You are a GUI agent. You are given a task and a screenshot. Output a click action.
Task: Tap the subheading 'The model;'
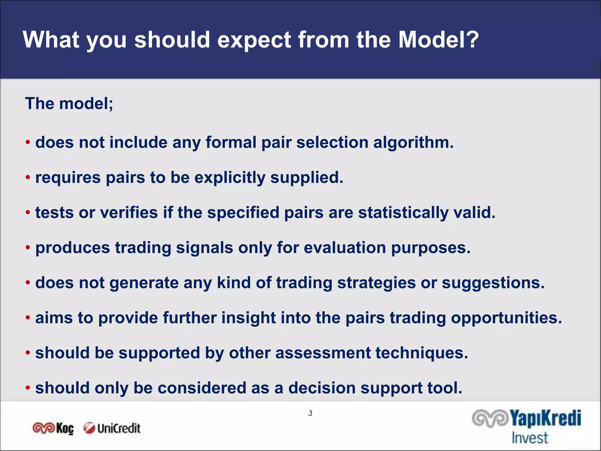pyautogui.click(x=69, y=104)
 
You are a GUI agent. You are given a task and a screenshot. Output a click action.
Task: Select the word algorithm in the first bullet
pyautogui.click(x=413, y=143)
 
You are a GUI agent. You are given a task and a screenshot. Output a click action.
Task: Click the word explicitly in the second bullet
pyautogui.click(x=229, y=178)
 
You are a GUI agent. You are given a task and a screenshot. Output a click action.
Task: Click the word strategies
pyautogui.click(x=376, y=283)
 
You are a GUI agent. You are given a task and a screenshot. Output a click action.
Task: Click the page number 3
pyautogui.click(x=310, y=413)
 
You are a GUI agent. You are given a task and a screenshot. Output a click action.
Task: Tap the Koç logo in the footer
pyautogui.click(x=53, y=428)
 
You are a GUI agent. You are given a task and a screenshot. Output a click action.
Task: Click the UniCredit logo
pyautogui.click(x=112, y=428)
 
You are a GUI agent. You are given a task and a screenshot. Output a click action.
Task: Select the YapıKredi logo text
pyautogui.click(x=545, y=418)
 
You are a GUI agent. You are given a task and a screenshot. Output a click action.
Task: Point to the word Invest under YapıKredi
pyautogui.click(x=530, y=438)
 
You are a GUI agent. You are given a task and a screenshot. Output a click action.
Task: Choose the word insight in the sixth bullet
pyautogui.click(x=248, y=318)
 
